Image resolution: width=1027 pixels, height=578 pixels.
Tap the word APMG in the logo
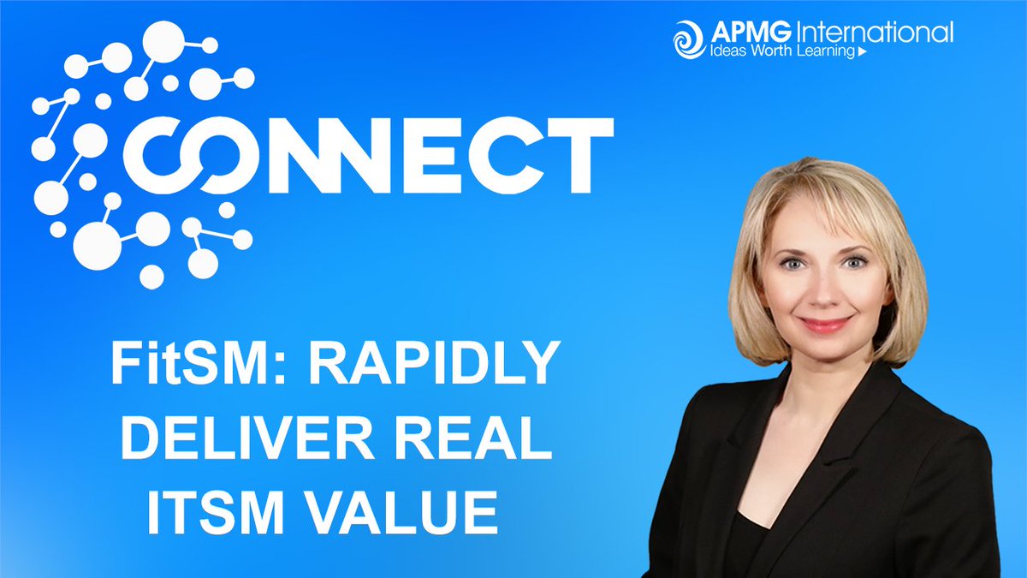(741, 34)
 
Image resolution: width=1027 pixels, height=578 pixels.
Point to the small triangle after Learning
(861, 53)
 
